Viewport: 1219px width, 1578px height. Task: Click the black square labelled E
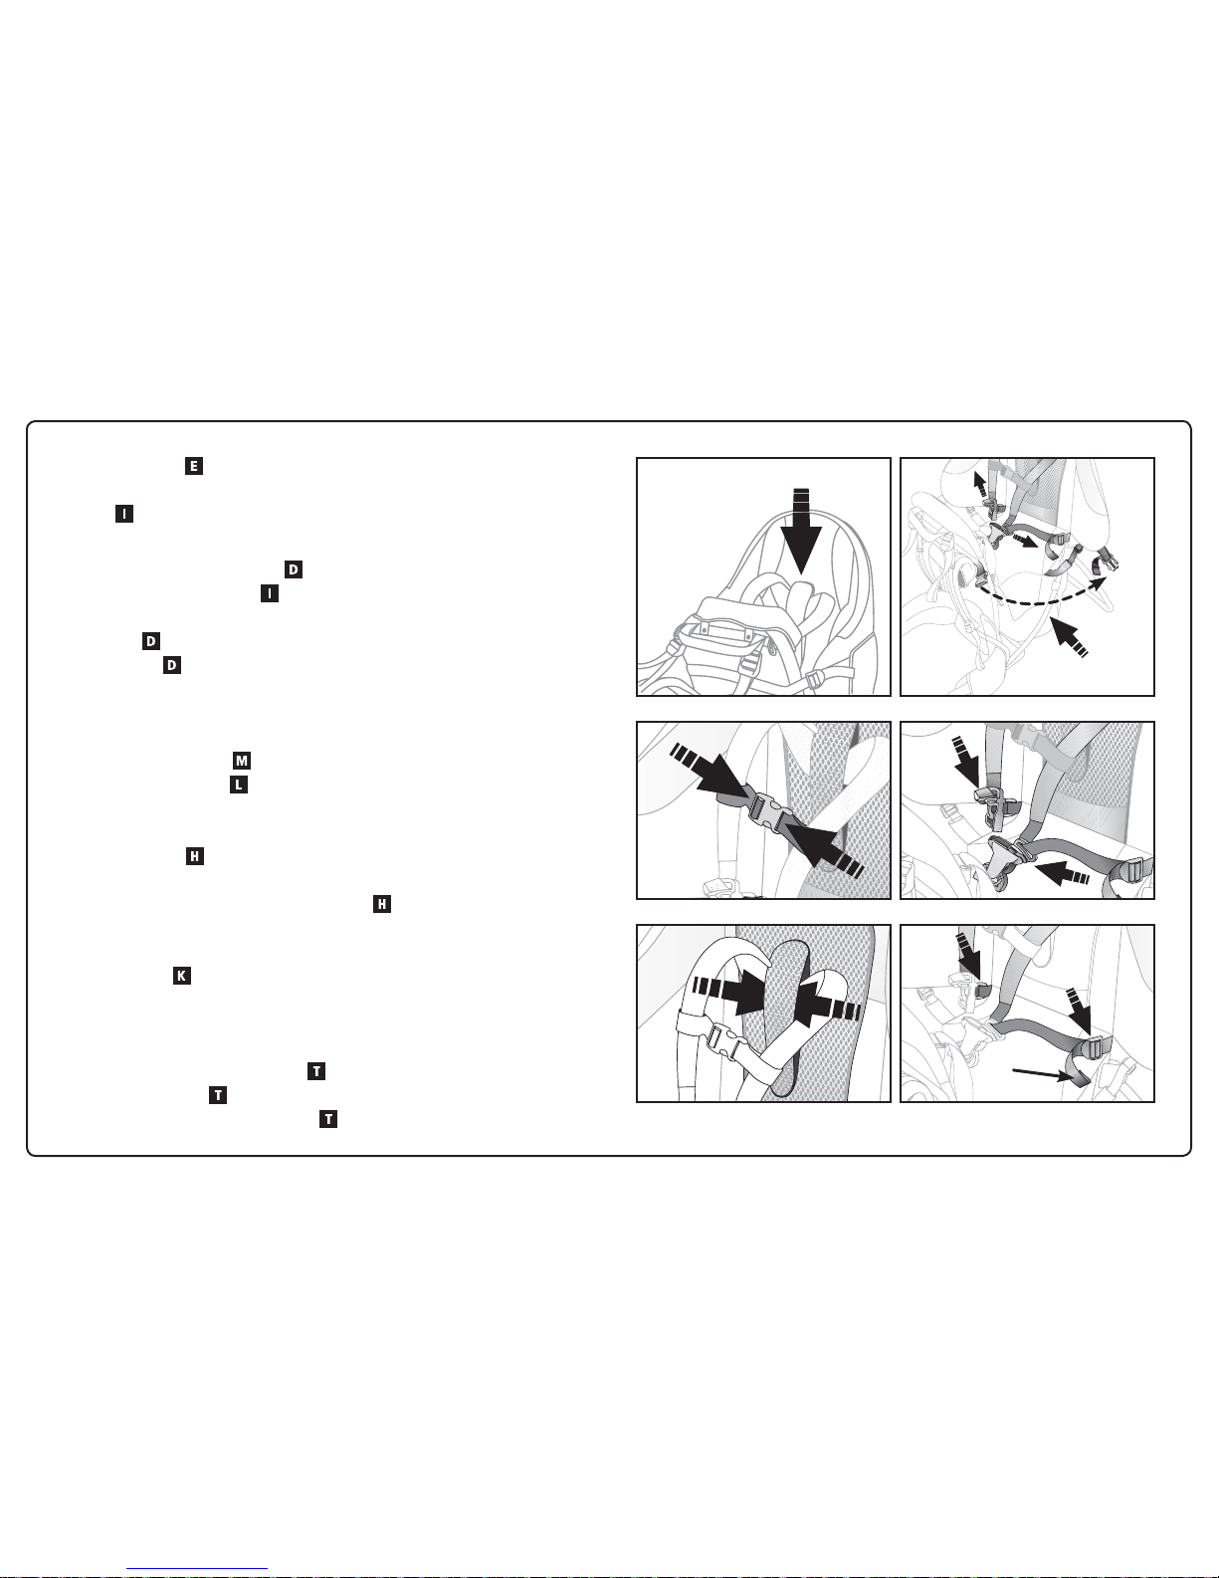coord(194,466)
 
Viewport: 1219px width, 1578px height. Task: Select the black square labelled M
coord(242,761)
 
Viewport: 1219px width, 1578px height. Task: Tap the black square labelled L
coord(239,785)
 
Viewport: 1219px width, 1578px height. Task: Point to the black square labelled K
coord(181,976)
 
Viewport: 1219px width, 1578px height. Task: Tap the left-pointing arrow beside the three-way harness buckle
coord(1063,871)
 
